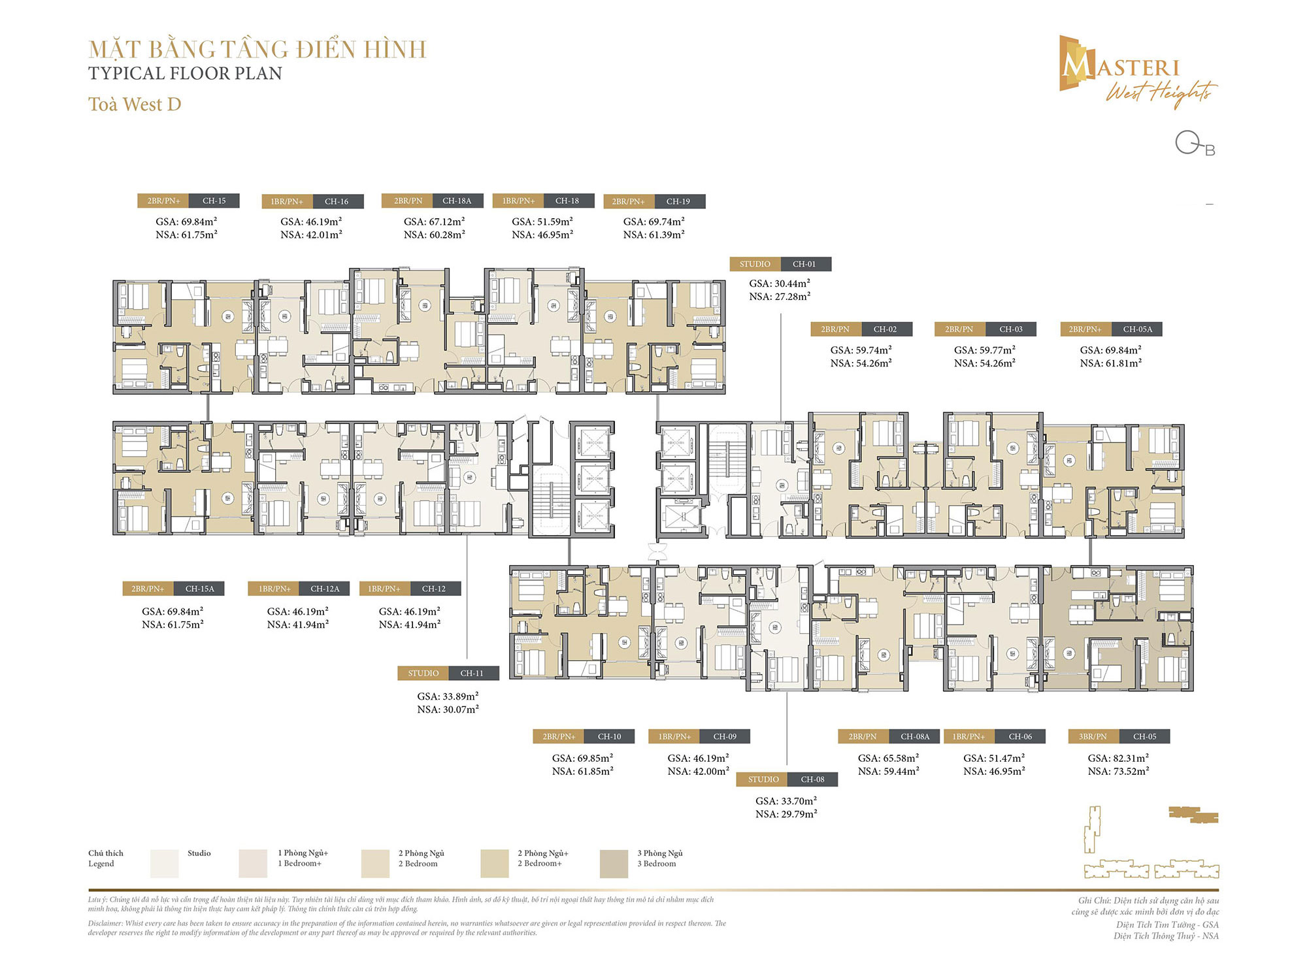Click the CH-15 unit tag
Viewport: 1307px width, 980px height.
[x=214, y=201]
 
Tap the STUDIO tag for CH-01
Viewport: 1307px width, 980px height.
[x=755, y=264]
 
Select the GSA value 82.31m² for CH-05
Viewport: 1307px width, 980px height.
[x=1118, y=758]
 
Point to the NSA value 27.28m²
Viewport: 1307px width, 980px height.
[x=780, y=297]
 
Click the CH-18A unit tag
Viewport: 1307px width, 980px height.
[x=456, y=201]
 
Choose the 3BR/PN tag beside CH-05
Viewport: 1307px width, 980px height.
[x=1093, y=736]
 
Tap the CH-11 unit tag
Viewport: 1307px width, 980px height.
[x=472, y=673]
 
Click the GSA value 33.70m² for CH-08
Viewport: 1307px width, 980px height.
[x=786, y=801]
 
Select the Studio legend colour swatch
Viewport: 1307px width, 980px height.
[x=164, y=863]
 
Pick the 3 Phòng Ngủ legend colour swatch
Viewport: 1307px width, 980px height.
[x=614, y=863]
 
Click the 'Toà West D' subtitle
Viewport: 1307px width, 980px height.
[x=135, y=105]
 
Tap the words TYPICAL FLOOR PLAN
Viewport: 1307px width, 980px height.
[x=185, y=73]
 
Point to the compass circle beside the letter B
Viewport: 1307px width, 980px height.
[x=1186, y=142]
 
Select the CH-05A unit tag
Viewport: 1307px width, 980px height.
[x=1137, y=329]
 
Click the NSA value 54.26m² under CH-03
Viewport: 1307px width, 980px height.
[x=984, y=363]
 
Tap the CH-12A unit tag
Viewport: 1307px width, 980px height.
[x=325, y=589]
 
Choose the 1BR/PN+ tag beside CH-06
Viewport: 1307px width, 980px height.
[x=968, y=736]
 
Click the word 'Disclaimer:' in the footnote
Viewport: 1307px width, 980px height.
[x=105, y=923]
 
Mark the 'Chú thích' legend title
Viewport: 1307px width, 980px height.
[x=105, y=853]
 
